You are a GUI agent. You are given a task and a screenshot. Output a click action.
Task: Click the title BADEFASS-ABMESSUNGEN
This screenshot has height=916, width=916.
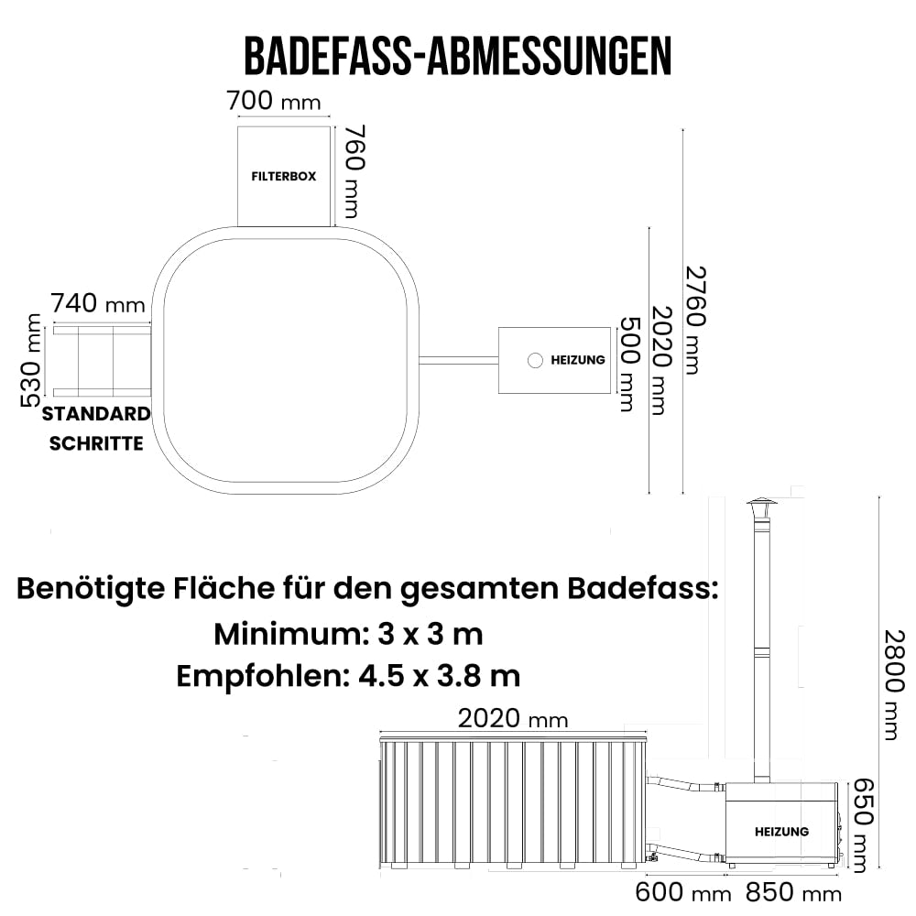point(457,56)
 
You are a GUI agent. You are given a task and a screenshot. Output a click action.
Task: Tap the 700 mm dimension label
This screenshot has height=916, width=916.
point(274,100)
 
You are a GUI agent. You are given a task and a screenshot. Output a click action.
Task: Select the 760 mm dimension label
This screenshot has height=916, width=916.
point(354,173)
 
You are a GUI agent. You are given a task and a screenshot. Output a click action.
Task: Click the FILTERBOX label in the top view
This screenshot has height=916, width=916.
point(284,176)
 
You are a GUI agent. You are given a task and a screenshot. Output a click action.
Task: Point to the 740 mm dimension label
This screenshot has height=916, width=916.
point(98,302)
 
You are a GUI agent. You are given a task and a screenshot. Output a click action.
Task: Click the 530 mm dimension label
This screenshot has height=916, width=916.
point(31,359)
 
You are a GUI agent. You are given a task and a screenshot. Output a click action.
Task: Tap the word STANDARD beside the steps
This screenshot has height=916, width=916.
point(96,413)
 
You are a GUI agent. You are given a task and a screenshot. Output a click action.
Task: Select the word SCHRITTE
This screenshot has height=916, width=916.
point(96,443)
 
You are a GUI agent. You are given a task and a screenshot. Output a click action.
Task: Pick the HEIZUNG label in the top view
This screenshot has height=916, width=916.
point(577,360)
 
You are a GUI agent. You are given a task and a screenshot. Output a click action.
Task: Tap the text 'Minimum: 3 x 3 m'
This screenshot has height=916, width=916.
point(348,633)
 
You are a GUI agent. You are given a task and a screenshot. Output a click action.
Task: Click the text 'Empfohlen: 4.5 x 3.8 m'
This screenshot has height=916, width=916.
point(348,676)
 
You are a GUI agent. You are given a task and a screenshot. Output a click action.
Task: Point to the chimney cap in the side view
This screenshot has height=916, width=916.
point(760,508)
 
